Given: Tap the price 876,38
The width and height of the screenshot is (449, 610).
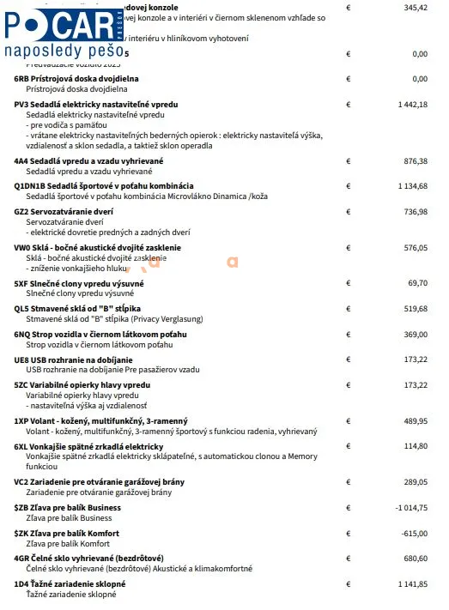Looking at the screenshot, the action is point(416,160).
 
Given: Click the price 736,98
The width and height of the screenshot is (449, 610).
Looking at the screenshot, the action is point(416,211).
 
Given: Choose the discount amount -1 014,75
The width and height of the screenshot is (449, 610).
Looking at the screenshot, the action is point(410,508).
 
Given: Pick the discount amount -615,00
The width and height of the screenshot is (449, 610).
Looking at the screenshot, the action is point(414,533).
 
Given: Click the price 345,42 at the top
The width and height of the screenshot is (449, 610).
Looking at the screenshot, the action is point(416,7).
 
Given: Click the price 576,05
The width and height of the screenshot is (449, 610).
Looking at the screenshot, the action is point(416,247).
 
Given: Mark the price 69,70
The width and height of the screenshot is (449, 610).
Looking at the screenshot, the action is point(418,282).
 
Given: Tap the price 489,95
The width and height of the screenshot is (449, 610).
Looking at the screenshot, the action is point(416,420).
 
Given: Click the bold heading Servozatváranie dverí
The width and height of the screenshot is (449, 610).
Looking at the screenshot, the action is point(81,211).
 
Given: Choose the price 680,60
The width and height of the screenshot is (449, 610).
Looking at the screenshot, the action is point(416,559).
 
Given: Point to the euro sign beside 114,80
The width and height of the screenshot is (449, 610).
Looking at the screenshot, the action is point(348,446).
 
